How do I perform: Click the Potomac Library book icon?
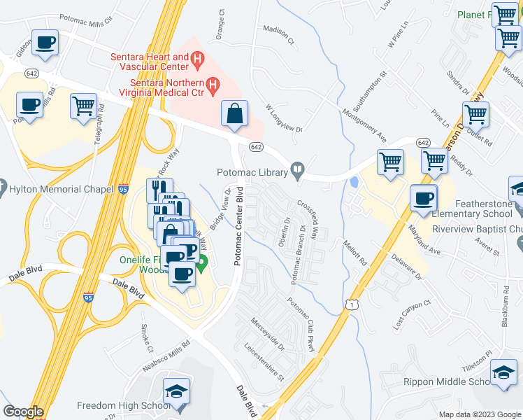coord(297,169)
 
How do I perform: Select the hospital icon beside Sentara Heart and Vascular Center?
coord(199,61)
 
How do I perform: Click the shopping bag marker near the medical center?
coord(235,114)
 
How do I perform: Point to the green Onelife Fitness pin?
coord(202,265)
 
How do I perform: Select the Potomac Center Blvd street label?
coord(239,225)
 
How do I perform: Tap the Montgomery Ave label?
coord(364,120)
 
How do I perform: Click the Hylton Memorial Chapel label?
coord(60,189)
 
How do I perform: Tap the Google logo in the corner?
coord(23,412)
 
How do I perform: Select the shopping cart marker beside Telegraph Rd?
coord(83,107)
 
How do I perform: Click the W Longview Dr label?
coord(283,119)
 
